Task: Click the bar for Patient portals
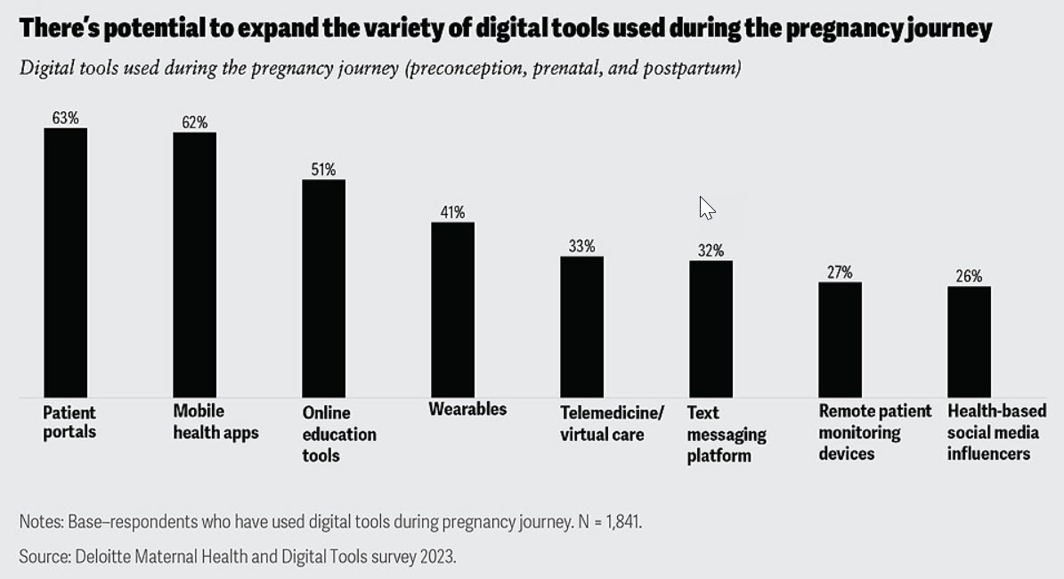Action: (x=65, y=263)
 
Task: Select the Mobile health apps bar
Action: (x=194, y=265)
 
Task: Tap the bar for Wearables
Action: (x=452, y=309)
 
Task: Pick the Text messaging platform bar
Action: (x=711, y=329)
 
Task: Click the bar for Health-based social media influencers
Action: (x=969, y=341)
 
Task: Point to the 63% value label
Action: (x=65, y=118)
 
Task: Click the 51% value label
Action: (x=323, y=169)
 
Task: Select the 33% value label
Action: (x=581, y=246)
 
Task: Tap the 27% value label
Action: (x=840, y=272)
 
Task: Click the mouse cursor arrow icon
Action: (x=706, y=208)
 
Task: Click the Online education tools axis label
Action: (x=338, y=434)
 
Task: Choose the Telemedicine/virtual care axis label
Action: (x=612, y=424)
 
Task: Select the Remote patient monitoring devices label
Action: (x=874, y=432)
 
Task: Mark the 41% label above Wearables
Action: (x=452, y=212)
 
